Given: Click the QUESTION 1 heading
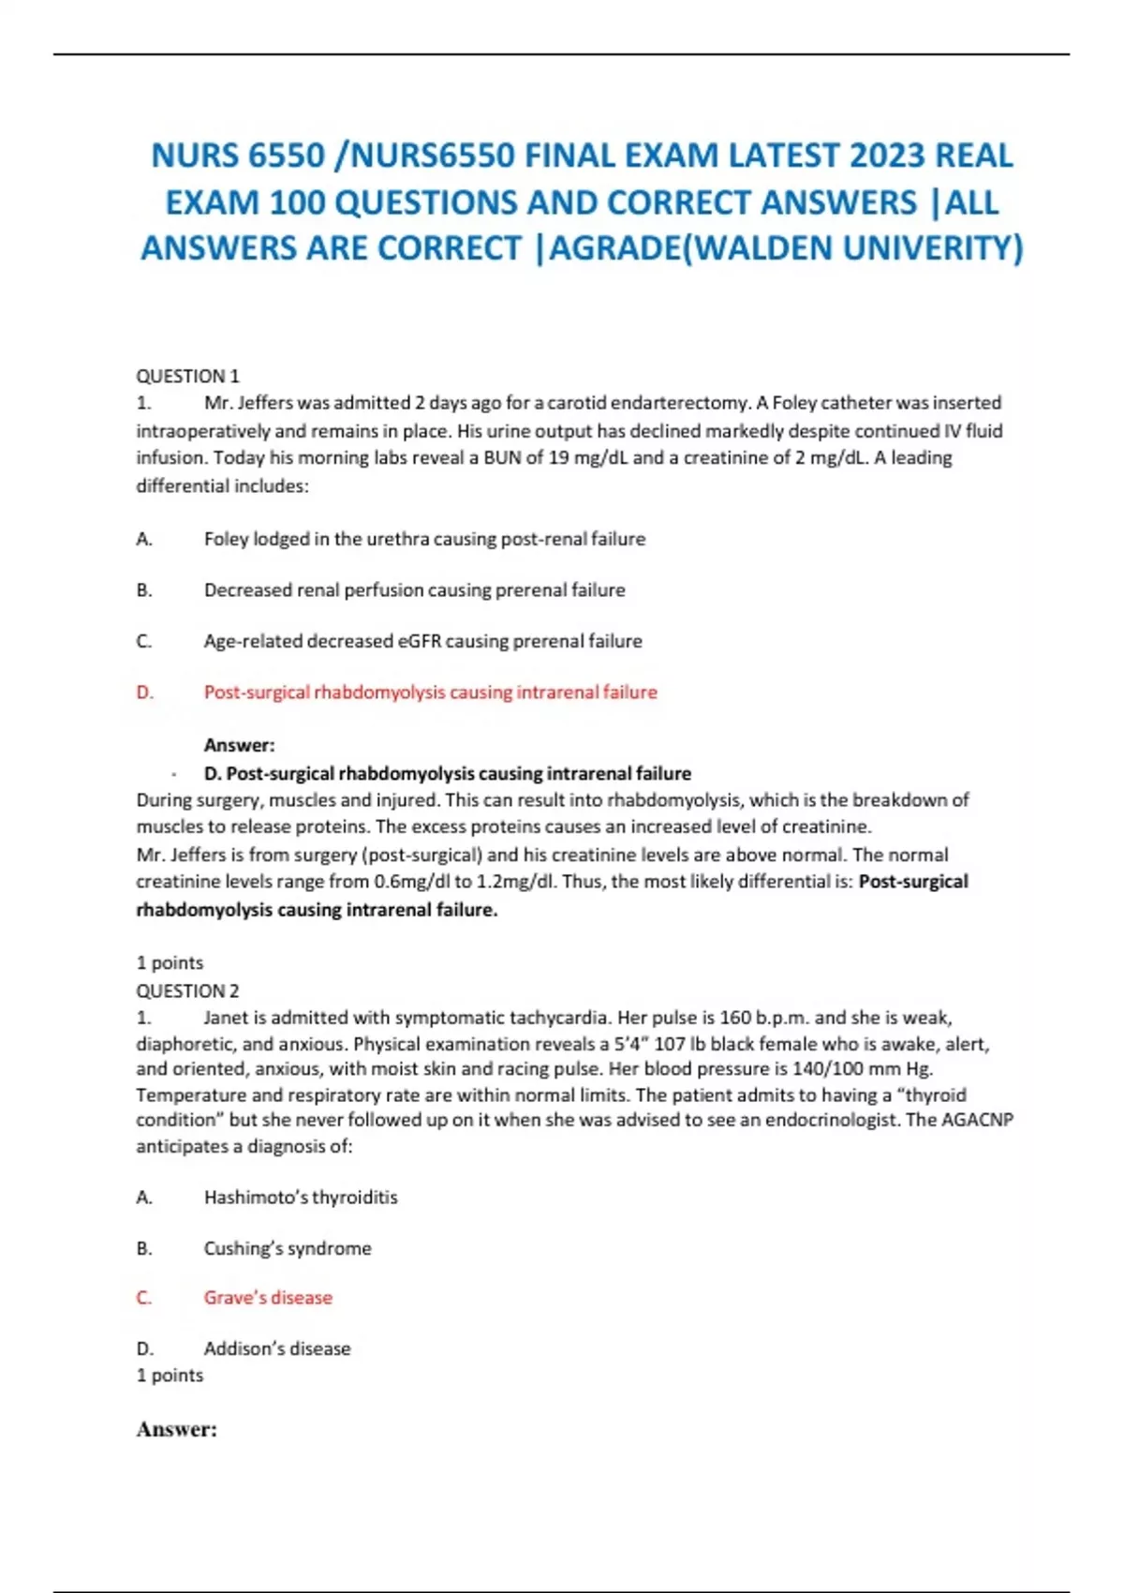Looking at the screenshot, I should (x=187, y=376).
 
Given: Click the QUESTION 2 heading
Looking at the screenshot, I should (x=187, y=990).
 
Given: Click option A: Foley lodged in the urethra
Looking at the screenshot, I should (x=424, y=539).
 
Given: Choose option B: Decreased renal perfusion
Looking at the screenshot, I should (x=414, y=590).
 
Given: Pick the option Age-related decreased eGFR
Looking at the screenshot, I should (x=422, y=641).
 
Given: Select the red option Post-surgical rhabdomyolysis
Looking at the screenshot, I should (x=430, y=692).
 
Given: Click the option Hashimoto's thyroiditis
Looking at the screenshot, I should (x=301, y=1198).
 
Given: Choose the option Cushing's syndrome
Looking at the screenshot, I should (x=288, y=1248).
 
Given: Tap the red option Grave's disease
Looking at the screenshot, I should (x=268, y=1298).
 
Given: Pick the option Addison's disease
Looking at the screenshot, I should (x=277, y=1348).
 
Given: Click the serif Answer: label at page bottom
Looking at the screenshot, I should (x=176, y=1429).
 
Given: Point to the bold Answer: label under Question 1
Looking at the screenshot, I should (x=239, y=746).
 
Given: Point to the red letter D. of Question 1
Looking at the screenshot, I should (x=144, y=692).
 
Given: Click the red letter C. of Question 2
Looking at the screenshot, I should (x=144, y=1298).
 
